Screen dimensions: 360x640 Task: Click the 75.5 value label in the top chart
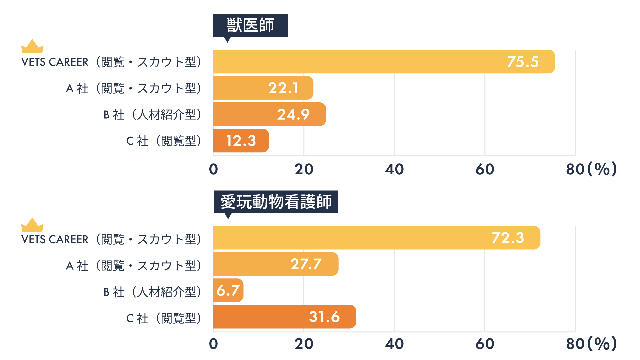click(x=523, y=62)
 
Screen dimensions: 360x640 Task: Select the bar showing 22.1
click(x=263, y=88)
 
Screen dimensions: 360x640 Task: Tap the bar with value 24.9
click(x=269, y=114)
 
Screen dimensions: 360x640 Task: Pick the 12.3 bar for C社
click(x=241, y=141)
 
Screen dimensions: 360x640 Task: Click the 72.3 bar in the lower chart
click(x=376, y=238)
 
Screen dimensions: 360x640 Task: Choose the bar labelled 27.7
click(x=276, y=264)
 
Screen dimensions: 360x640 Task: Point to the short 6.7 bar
click(x=228, y=290)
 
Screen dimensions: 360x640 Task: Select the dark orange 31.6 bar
click(x=284, y=317)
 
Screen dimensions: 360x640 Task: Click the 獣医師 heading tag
click(x=250, y=25)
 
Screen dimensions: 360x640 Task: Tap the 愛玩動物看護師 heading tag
click(x=276, y=202)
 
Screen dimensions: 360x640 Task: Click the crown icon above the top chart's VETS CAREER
click(x=32, y=47)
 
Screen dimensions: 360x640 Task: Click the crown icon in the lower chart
click(x=32, y=225)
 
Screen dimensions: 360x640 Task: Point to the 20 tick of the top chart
click(x=304, y=169)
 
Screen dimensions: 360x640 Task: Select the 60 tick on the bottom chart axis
click(x=485, y=344)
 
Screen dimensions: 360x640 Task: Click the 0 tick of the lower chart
click(x=213, y=344)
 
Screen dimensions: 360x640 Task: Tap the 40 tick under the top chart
click(x=394, y=169)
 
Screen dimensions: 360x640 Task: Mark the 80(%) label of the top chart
click(x=591, y=169)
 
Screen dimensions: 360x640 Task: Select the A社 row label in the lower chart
click(x=134, y=266)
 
